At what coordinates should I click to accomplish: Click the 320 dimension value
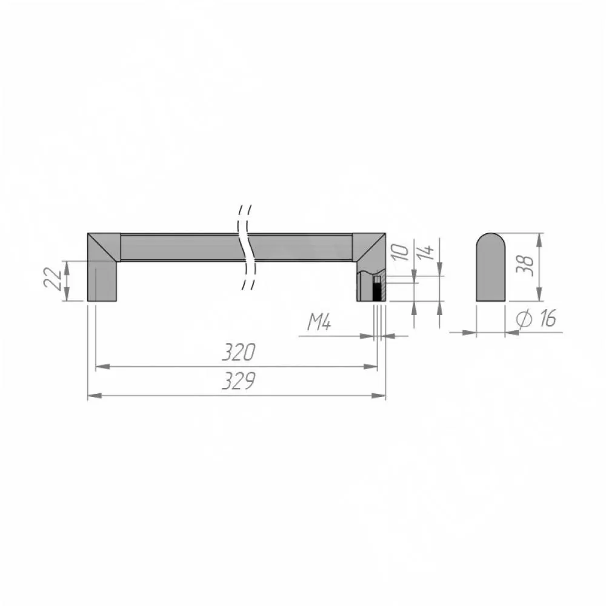pyautogui.click(x=239, y=351)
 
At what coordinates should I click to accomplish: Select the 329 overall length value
pyautogui.click(x=239, y=381)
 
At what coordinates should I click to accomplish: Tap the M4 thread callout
pyautogui.click(x=319, y=322)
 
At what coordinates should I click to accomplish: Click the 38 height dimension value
pyautogui.click(x=525, y=266)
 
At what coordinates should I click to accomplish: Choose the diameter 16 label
pyautogui.click(x=536, y=319)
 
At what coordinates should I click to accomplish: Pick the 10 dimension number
pyautogui.click(x=401, y=252)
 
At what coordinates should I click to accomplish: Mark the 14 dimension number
pyautogui.click(x=427, y=252)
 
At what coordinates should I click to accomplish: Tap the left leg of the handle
pyautogui.click(x=102, y=281)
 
